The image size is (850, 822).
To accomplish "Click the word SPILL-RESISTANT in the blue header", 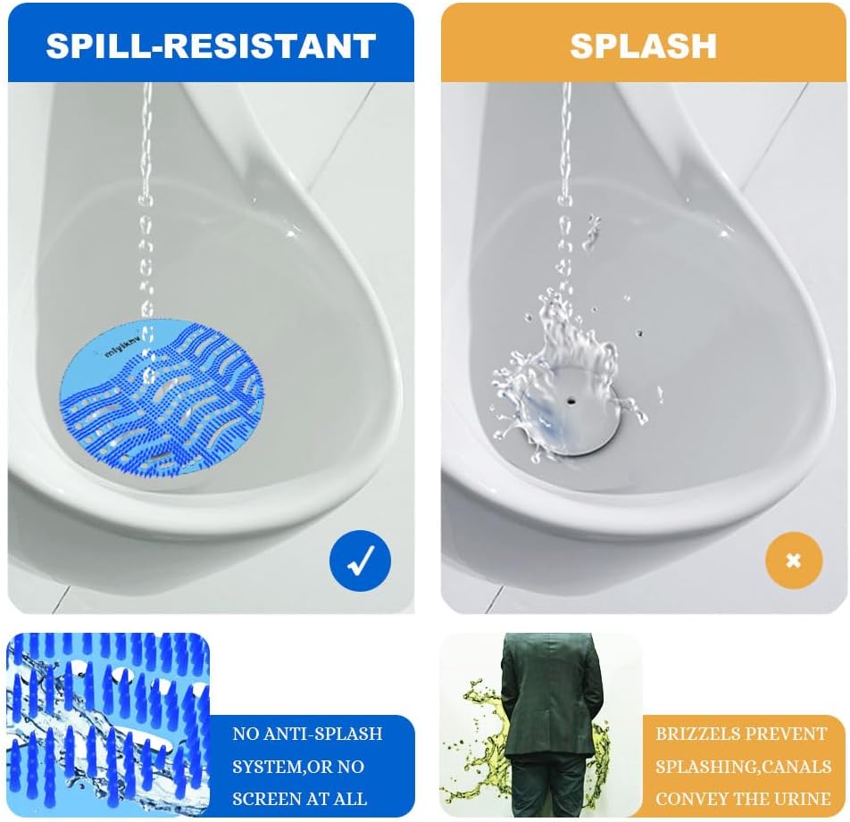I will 210,46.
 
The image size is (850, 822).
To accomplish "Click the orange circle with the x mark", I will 793,560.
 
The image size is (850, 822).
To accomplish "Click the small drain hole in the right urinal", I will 568,403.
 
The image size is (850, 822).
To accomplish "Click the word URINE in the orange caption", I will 804,799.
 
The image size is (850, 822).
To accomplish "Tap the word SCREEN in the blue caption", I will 264,799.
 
